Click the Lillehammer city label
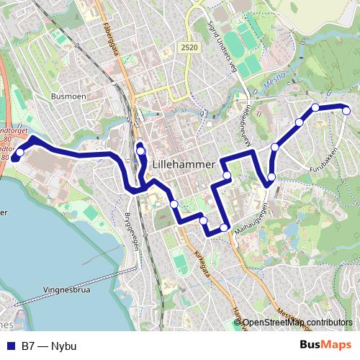click(184, 165)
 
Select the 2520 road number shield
click(189, 47)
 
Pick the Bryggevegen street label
click(131, 230)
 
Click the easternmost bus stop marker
click(346, 110)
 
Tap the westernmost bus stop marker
click(20, 152)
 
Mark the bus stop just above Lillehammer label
click(141, 150)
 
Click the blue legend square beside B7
click(10, 346)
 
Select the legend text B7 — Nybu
click(49, 346)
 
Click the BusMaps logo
click(325, 346)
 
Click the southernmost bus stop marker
click(225, 228)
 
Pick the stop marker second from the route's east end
click(315, 108)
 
